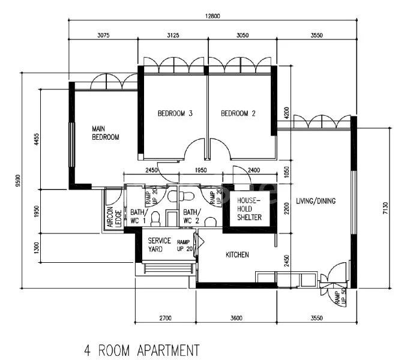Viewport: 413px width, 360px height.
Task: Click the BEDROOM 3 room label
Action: pyautogui.click(x=175, y=113)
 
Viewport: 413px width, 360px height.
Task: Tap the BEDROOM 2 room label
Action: pyautogui.click(x=238, y=113)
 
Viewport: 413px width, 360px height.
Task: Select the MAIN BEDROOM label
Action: pyautogui.click(x=105, y=133)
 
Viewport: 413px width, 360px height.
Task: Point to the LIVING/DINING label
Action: pyautogui.click(x=315, y=201)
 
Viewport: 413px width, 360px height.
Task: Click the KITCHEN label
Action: pyautogui.click(x=237, y=255)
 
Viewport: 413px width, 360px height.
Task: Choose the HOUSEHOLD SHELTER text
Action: pyautogui.click(x=249, y=209)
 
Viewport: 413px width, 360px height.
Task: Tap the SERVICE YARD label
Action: pyautogui.click(x=160, y=245)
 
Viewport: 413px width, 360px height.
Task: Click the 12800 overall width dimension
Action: pyautogui.click(x=211, y=15)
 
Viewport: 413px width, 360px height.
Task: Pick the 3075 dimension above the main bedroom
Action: pyautogui.click(x=103, y=35)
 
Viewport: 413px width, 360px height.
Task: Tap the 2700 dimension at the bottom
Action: pyautogui.click(x=166, y=318)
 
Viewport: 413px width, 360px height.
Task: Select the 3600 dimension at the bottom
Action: pyautogui.click(x=236, y=318)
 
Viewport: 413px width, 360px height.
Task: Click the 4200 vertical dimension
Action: pyautogui.click(x=286, y=112)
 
